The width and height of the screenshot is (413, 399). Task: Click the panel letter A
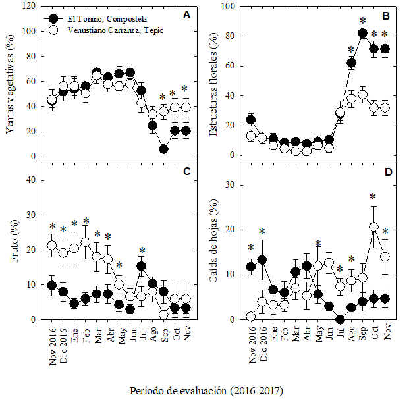coord(186,16)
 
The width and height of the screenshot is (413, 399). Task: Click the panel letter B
coord(386,16)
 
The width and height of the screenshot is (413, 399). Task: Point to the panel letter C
coord(186,172)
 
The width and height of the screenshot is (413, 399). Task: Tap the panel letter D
coord(387,172)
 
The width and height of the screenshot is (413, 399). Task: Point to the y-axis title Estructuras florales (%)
coord(213,82)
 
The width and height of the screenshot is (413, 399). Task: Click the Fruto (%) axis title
coord(13,240)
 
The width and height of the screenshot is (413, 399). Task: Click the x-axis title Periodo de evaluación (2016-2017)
coord(206,390)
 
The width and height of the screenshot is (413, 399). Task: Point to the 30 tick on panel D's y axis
coord(231,184)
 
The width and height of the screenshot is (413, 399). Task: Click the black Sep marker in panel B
coord(362,33)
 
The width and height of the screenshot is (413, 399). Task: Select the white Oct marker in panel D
coord(373,226)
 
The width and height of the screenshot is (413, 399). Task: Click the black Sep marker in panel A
coord(163,149)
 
